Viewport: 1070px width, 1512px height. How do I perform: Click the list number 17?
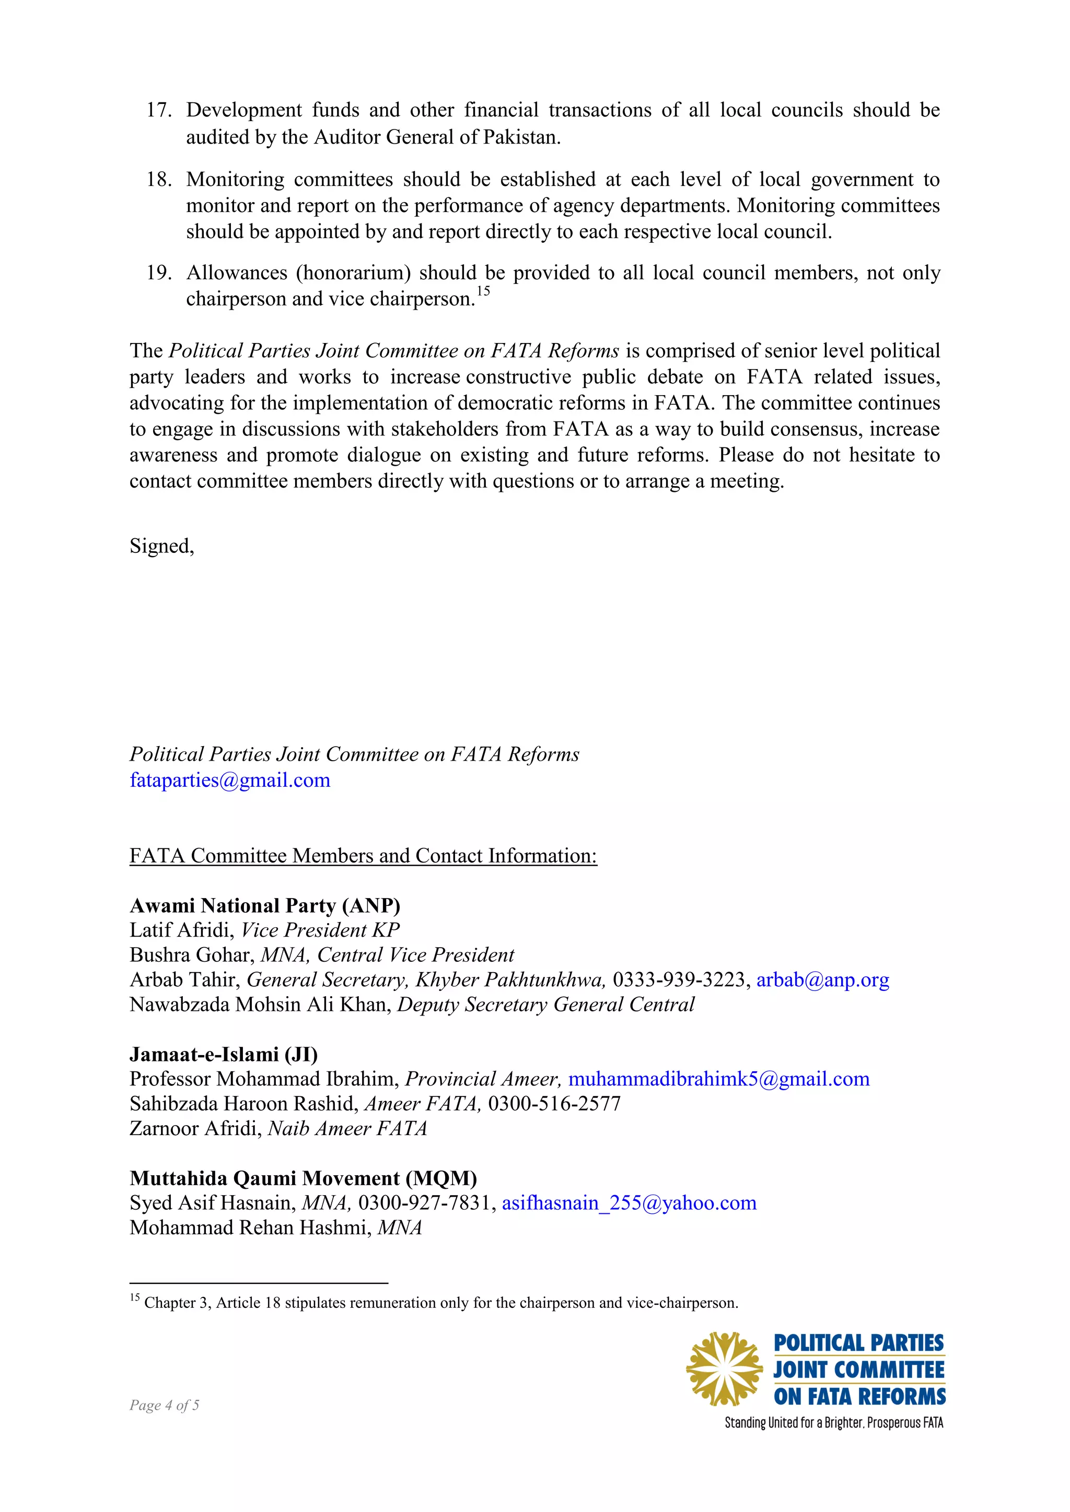pyautogui.click(x=158, y=110)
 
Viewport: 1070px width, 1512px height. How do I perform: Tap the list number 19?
pyautogui.click(x=158, y=273)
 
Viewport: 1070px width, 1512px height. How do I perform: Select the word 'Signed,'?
pyautogui.click(x=162, y=546)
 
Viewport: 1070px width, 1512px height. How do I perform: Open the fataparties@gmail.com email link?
pyautogui.click(x=230, y=781)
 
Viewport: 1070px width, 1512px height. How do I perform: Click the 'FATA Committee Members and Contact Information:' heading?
pyautogui.click(x=363, y=855)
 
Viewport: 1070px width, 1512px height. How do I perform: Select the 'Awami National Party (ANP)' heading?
pyautogui.click(x=265, y=905)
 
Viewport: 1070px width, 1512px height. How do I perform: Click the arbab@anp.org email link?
pyautogui.click(x=822, y=980)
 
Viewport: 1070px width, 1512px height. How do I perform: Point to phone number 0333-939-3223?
pyautogui.click(x=679, y=980)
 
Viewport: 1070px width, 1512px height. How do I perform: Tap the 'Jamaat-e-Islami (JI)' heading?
pyautogui.click(x=224, y=1054)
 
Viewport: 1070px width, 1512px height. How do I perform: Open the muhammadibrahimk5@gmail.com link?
pyautogui.click(x=719, y=1079)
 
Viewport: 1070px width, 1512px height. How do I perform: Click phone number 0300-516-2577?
pyautogui.click(x=554, y=1104)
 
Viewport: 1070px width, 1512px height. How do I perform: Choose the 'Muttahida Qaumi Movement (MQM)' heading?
pyautogui.click(x=303, y=1178)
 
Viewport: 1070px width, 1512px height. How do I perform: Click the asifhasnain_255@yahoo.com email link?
pyautogui.click(x=629, y=1203)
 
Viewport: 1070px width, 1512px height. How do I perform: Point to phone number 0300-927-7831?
pyautogui.click(x=424, y=1203)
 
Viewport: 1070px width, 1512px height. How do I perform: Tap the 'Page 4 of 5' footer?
pyautogui.click(x=164, y=1404)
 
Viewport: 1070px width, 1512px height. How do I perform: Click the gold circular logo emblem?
pyautogui.click(x=725, y=1369)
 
